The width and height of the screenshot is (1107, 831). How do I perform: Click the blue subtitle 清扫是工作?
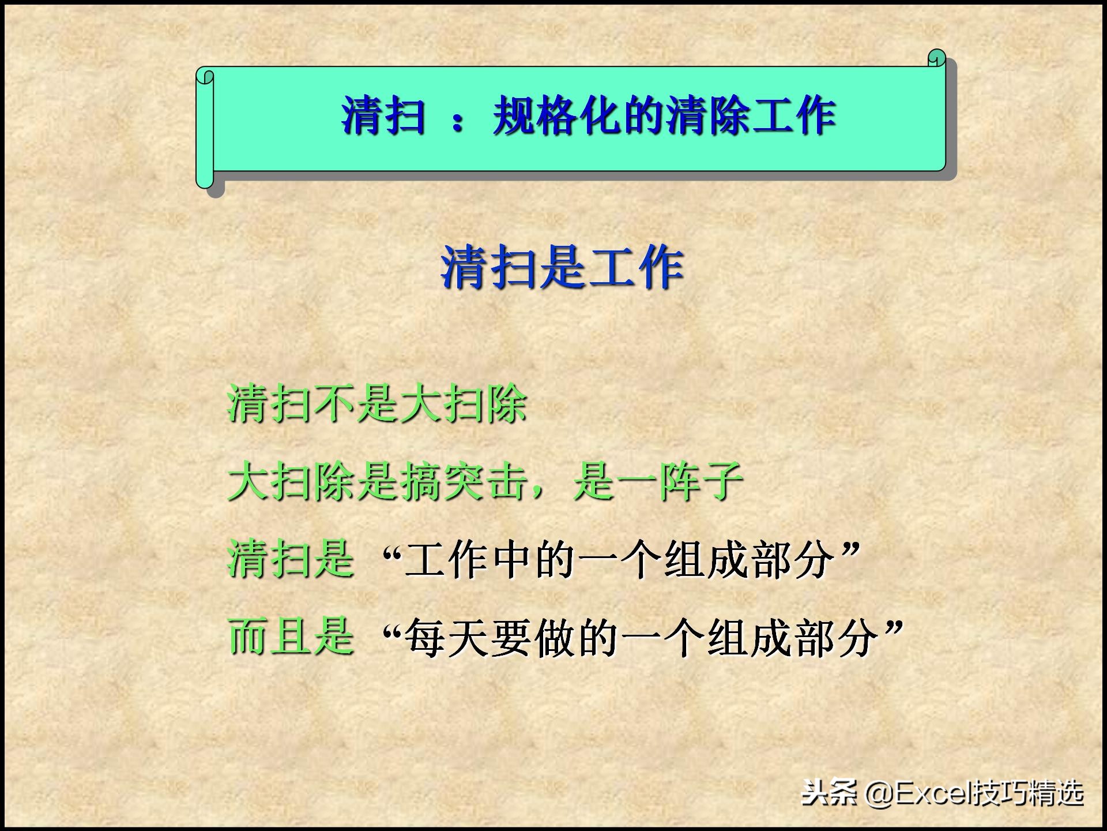click(562, 267)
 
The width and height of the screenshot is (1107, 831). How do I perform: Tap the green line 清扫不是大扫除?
click(377, 403)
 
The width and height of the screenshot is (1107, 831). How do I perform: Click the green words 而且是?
click(291, 636)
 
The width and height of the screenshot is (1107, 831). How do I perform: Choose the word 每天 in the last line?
click(446, 637)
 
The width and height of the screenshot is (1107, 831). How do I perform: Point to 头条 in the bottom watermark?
click(830, 793)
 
